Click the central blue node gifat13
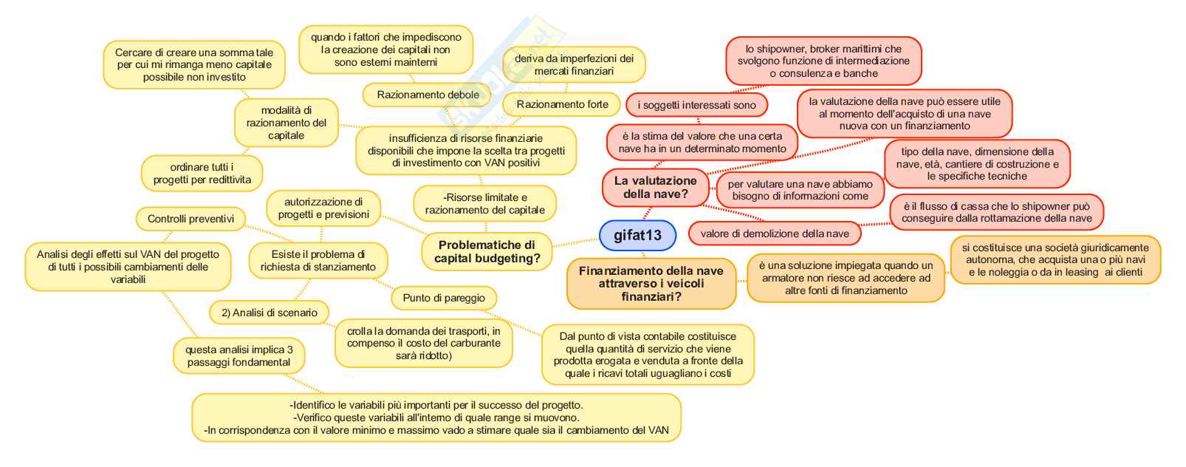point(637,236)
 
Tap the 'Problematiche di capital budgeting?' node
point(487,252)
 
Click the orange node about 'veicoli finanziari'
point(651,284)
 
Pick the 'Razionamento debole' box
point(428,95)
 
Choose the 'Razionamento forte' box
point(562,105)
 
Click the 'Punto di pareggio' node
point(444,298)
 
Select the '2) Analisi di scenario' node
point(269,313)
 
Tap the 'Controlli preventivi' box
point(191,219)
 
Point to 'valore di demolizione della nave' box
point(775,234)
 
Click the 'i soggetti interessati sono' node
point(696,105)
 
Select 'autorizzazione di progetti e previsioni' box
point(323,208)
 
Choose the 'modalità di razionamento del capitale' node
point(286,123)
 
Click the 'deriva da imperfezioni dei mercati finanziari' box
point(574,65)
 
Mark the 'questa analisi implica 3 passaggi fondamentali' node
point(239,356)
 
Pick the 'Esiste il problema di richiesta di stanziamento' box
point(318,261)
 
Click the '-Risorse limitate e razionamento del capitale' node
point(484,204)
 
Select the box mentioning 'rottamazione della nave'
point(996,213)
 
